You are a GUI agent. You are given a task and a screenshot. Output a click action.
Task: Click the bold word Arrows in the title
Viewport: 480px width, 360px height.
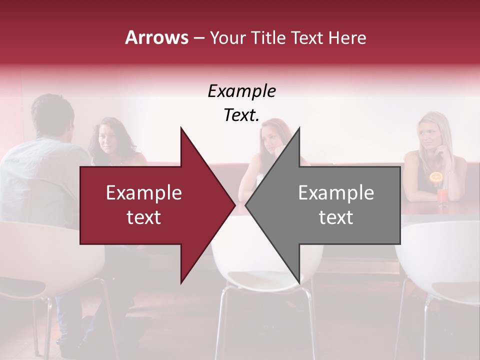click(x=156, y=37)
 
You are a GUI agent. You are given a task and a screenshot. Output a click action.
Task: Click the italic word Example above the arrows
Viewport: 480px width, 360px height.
click(x=241, y=91)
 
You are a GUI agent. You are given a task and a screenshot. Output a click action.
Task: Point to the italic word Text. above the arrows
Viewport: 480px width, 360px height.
click(x=241, y=115)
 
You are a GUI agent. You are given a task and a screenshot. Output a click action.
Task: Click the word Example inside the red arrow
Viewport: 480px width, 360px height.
click(x=144, y=193)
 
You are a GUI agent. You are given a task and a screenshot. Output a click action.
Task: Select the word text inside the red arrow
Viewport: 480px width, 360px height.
click(x=144, y=217)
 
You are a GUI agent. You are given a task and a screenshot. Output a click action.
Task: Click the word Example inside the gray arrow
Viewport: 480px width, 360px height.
click(x=336, y=193)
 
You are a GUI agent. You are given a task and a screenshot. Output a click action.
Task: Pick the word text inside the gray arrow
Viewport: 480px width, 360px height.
click(x=336, y=217)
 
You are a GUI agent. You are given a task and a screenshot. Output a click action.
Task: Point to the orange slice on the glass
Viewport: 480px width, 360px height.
click(x=436, y=177)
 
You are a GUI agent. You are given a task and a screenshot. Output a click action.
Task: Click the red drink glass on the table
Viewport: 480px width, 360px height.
click(x=442, y=196)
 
